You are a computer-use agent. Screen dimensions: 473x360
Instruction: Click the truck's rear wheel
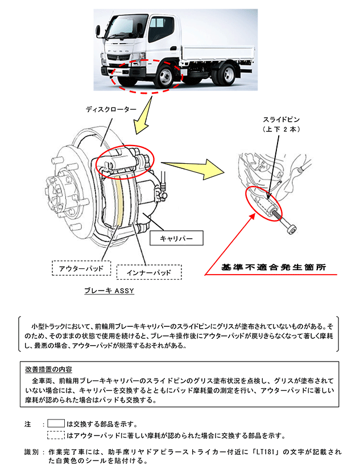[x=228, y=74]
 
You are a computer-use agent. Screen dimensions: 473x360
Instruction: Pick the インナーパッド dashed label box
[x=149, y=272]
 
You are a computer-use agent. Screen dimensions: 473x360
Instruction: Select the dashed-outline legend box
[x=56, y=435]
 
